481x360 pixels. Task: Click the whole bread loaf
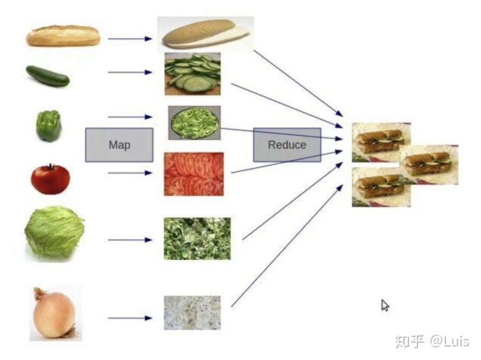pos(63,35)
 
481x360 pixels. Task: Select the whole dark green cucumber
pos(47,75)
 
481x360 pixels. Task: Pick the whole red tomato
pos(50,178)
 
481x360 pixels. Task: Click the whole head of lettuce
pos(54,232)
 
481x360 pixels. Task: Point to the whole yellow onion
pos(53,315)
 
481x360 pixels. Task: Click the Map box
pos(119,144)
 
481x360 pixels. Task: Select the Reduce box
pos(287,144)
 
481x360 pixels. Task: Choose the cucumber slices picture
pos(192,73)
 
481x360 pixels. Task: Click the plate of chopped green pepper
pos(194,122)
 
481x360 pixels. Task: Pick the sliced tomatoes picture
pos(194,174)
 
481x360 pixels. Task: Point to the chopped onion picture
pos(192,313)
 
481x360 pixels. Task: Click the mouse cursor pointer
pos(384,305)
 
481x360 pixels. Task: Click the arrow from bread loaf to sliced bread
pos(130,39)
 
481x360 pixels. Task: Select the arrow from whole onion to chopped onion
pos(130,318)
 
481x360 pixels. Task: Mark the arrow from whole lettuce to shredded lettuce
pos(130,239)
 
